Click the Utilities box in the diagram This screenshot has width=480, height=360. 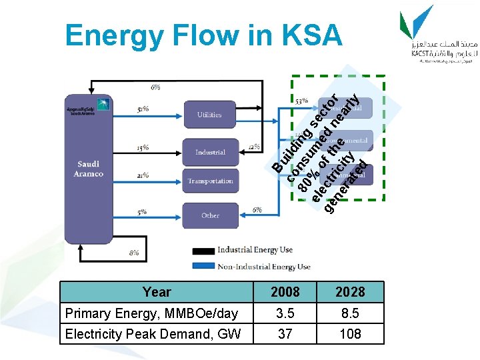209,115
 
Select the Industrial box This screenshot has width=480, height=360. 209,152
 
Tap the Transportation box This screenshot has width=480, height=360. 209,181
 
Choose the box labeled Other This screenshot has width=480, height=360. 209,215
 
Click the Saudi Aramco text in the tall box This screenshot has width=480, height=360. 90,169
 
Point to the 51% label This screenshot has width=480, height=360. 142,109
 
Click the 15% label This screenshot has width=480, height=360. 142,147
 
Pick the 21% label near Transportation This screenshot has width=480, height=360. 142,175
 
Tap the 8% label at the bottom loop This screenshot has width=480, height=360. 134,253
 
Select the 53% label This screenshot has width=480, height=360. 301,100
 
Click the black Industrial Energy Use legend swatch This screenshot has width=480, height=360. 203,251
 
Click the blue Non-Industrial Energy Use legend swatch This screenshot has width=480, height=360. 203,266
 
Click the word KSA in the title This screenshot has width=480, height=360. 312,35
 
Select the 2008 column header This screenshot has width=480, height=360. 285,292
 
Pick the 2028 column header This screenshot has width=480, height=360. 350,292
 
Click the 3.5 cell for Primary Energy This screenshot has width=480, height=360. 285,313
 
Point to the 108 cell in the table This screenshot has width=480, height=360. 350,333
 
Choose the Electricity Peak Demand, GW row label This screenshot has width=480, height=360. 153,333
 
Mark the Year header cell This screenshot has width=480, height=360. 157,292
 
